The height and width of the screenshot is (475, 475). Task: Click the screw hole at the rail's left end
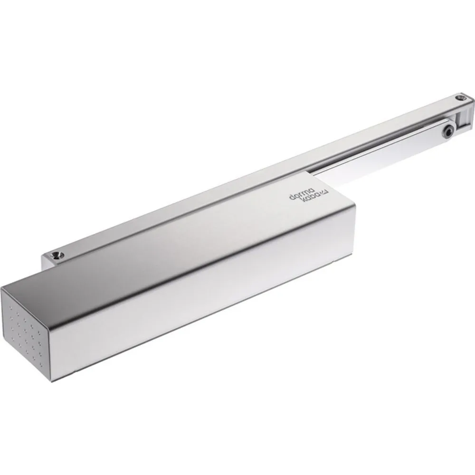click(x=57, y=256)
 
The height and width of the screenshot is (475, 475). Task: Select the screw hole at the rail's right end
click(x=460, y=98)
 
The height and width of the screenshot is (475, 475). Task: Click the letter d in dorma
click(x=292, y=197)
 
